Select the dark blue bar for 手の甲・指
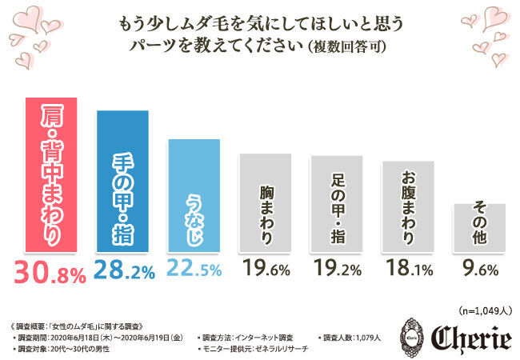(x=123, y=181)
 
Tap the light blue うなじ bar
(x=194, y=195)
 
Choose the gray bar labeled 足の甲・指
(x=336, y=204)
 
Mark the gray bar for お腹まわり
(x=407, y=206)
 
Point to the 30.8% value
(x=50, y=274)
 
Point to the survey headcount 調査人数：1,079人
(x=353, y=338)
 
